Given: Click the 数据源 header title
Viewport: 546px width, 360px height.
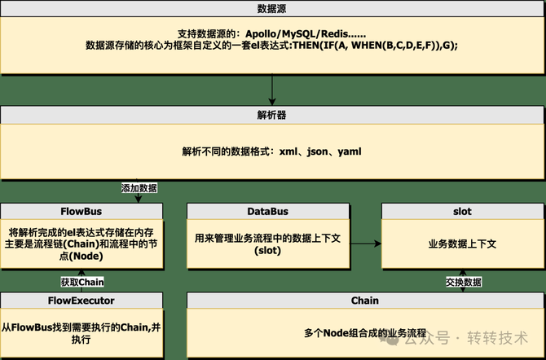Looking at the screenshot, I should click(x=271, y=8).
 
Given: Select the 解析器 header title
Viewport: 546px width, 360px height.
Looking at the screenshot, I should click(x=271, y=115).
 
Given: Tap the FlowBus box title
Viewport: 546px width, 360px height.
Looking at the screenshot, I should click(x=81, y=212).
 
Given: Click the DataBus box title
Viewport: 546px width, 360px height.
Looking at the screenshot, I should click(x=267, y=212).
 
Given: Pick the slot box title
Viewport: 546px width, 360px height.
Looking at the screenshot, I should click(x=462, y=212).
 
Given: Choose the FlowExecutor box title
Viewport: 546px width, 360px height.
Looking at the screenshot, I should click(x=81, y=301).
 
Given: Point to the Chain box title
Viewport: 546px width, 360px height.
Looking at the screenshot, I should click(x=364, y=301).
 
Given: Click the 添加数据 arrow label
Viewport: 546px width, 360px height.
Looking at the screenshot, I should click(x=139, y=188).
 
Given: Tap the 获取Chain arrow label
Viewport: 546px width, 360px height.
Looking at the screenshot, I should click(x=82, y=283).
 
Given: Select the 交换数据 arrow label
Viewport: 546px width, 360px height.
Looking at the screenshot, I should click(x=463, y=283).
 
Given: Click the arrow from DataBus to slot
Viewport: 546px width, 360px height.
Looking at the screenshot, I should click(x=364, y=243).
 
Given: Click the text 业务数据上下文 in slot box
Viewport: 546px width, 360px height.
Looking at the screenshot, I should click(x=462, y=244).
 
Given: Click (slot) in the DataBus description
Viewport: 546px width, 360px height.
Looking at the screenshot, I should click(x=267, y=250).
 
